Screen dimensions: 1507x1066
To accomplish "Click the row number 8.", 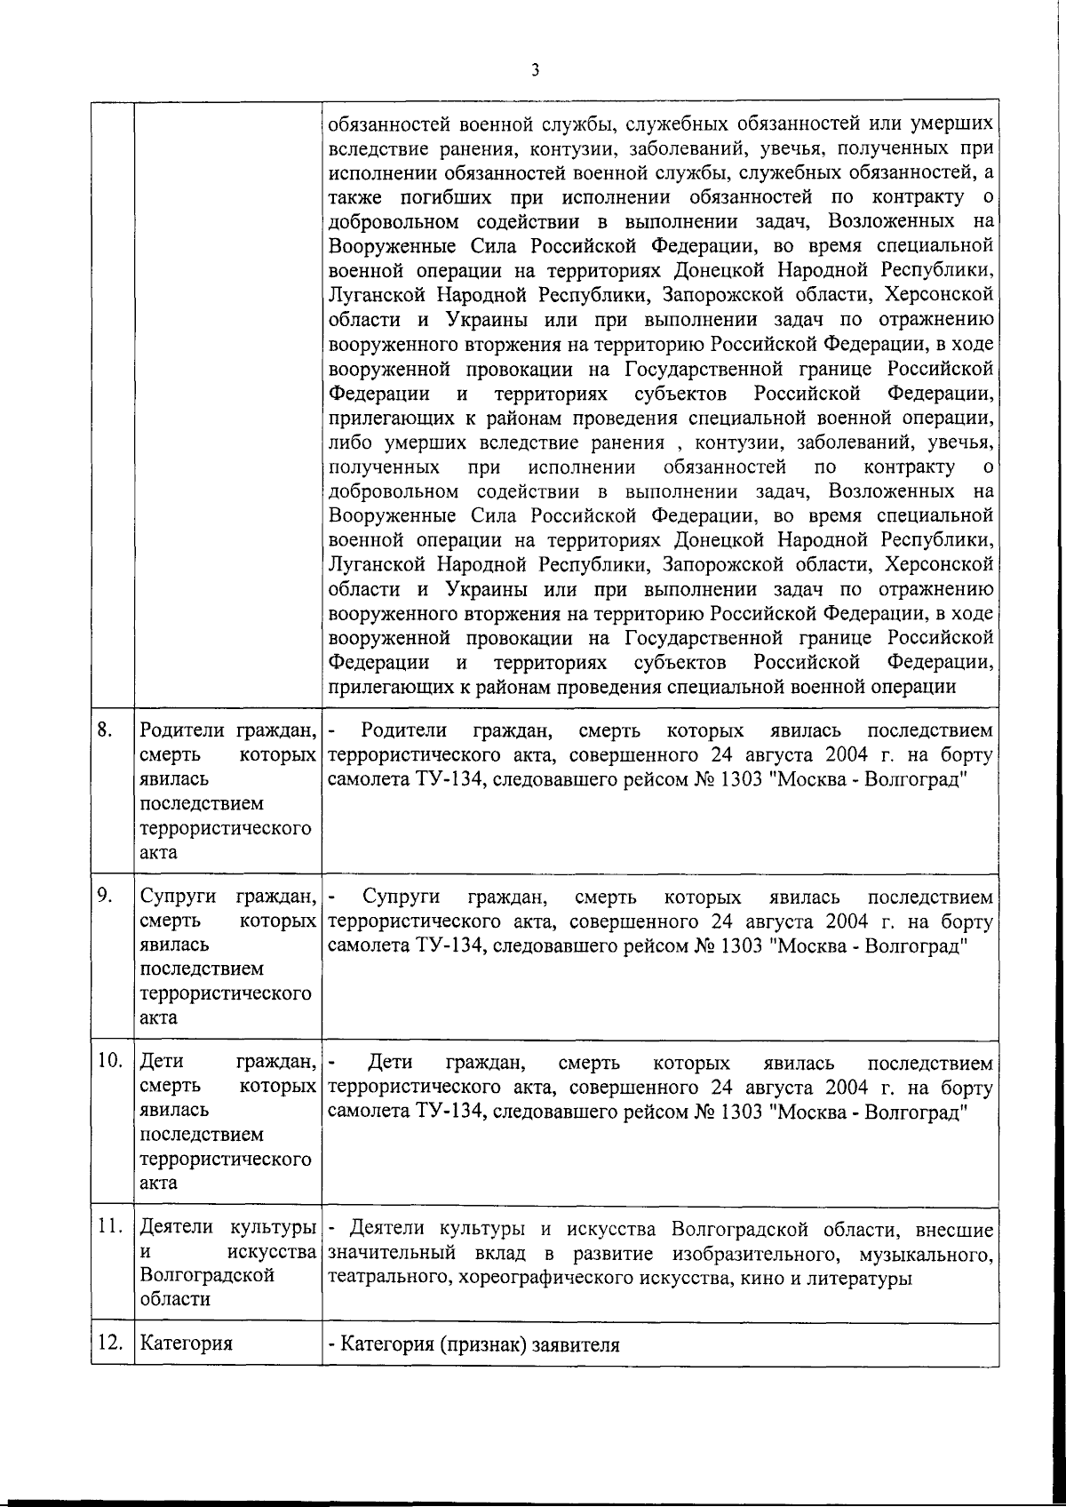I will pos(105,730).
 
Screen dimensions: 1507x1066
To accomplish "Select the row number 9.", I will pos(105,896).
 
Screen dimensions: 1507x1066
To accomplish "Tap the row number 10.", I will pos(109,1061).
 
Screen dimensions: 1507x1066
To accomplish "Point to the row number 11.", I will pos(109,1226).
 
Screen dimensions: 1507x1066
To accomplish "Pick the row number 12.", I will pos(109,1343).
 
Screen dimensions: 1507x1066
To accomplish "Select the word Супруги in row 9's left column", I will pos(179,896).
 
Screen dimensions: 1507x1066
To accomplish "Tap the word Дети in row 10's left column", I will pos(161,1061).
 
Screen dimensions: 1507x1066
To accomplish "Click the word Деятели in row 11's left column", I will pos(178,1226).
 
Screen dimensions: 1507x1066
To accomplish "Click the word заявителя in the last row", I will pos(575,1344).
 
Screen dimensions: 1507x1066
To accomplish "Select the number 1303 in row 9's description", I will pos(741,945).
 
